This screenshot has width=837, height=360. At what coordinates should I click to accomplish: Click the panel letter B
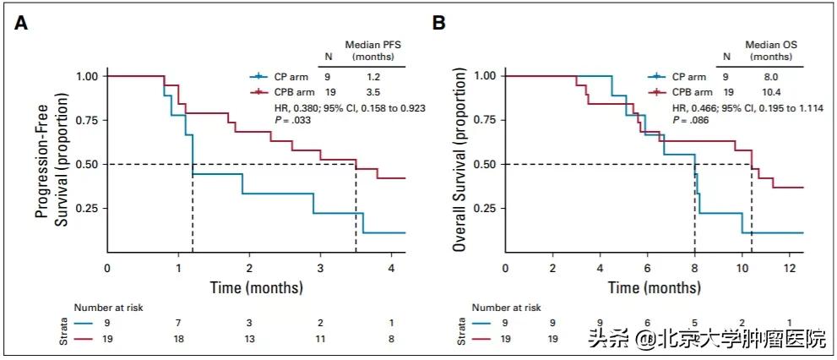point(439,24)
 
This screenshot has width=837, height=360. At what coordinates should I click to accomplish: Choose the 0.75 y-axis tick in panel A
point(86,120)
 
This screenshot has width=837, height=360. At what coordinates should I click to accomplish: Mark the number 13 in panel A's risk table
point(250,337)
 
